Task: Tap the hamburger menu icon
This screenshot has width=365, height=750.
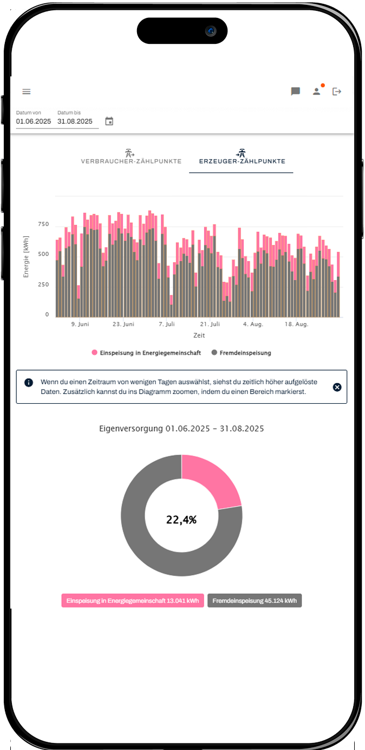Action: click(27, 92)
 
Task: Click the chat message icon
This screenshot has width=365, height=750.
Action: click(296, 92)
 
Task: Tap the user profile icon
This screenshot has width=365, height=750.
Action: click(316, 92)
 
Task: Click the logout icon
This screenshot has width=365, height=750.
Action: click(337, 92)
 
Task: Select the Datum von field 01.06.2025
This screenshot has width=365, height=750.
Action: click(34, 121)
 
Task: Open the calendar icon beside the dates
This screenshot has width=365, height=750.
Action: click(109, 121)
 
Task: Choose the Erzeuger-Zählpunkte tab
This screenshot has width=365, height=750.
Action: click(242, 161)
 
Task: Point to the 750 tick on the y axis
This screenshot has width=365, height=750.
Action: click(43, 224)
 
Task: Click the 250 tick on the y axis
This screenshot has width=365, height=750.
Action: click(43, 285)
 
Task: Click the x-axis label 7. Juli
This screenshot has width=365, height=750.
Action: click(167, 324)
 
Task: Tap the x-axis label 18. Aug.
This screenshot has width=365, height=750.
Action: click(297, 324)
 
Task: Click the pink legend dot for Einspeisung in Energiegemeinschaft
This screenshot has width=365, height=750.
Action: click(95, 353)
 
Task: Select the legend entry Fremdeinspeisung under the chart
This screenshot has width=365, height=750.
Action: click(245, 353)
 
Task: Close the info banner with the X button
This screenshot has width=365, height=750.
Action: click(337, 387)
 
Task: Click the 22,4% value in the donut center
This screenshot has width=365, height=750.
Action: click(181, 520)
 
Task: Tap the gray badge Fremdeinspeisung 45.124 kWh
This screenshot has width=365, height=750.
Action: click(255, 600)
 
